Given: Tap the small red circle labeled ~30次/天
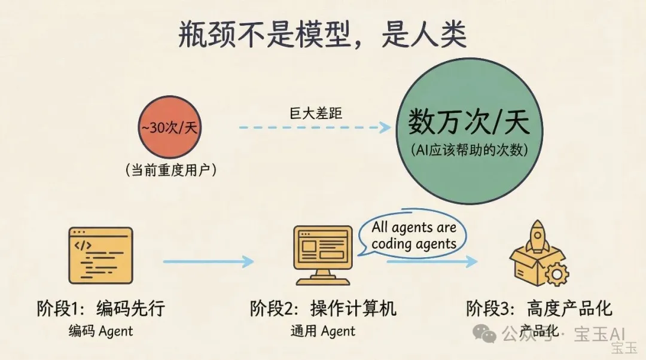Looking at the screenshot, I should pyautogui.click(x=170, y=128).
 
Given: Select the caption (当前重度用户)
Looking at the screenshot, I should pyautogui.click(x=170, y=170).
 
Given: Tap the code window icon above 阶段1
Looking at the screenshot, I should pyautogui.click(x=100, y=255).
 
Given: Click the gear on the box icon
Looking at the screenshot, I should pyautogui.click(x=557, y=274).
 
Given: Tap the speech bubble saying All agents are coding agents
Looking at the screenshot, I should pyautogui.click(x=413, y=235).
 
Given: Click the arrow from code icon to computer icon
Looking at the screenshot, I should pyautogui.click(x=209, y=261).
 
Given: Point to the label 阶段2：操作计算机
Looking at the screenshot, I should pyautogui.click(x=324, y=309).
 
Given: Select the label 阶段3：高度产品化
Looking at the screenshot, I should pyautogui.click(x=540, y=309).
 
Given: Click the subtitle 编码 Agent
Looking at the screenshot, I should pyautogui.click(x=100, y=331).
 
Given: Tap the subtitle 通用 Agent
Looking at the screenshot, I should pyautogui.click(x=323, y=331).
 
